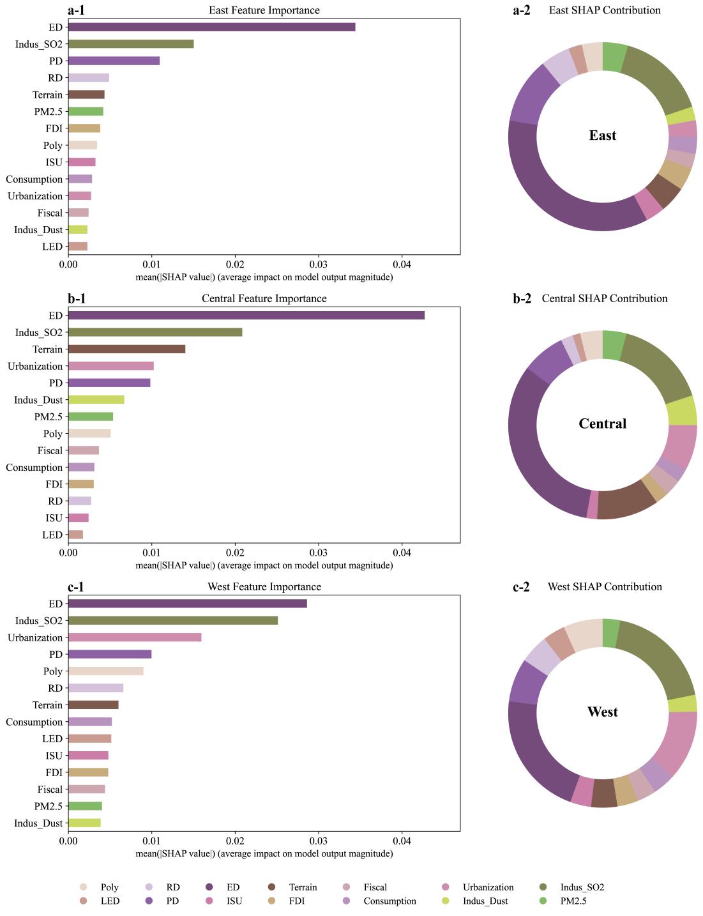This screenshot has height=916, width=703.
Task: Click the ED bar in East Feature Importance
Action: tap(211, 27)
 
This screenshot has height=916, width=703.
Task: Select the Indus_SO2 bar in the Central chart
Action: tap(155, 332)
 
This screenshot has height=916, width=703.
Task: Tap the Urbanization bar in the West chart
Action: tap(135, 637)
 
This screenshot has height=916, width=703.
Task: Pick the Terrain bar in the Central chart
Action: tap(126, 349)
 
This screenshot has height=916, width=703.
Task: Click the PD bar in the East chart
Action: tap(114, 61)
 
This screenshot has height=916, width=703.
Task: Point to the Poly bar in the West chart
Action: tap(105, 671)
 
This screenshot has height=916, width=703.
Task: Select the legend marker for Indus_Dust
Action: tap(446, 901)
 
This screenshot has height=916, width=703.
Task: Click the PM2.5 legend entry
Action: tap(573, 901)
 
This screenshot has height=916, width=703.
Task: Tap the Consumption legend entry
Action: tap(389, 901)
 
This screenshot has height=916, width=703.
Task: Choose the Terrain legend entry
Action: tap(303, 887)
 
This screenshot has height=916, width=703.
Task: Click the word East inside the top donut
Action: tap(602, 135)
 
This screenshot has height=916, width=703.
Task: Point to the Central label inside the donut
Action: tap(602, 424)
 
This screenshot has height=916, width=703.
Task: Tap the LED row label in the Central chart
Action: tap(52, 535)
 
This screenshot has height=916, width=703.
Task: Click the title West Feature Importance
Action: tap(264, 586)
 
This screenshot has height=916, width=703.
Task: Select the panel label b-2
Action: tap(522, 298)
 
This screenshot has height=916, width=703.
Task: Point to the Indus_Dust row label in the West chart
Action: tap(38, 823)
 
